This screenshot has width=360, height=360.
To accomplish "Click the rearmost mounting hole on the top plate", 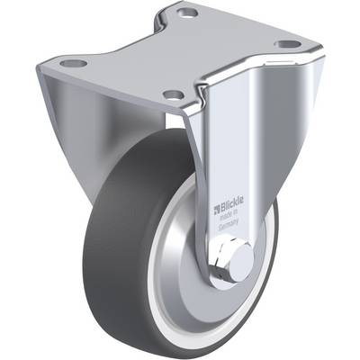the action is [187, 13].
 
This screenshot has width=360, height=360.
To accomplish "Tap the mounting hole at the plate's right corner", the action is [287, 44].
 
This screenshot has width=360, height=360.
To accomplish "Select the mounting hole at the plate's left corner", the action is [74, 63].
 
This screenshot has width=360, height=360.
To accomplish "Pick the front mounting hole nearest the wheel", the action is [174, 95].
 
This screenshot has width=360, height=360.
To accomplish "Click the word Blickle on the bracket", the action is [232, 203].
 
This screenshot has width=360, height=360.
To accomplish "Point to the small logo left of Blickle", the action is [217, 210].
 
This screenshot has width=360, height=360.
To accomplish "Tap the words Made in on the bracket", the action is [229, 215].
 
